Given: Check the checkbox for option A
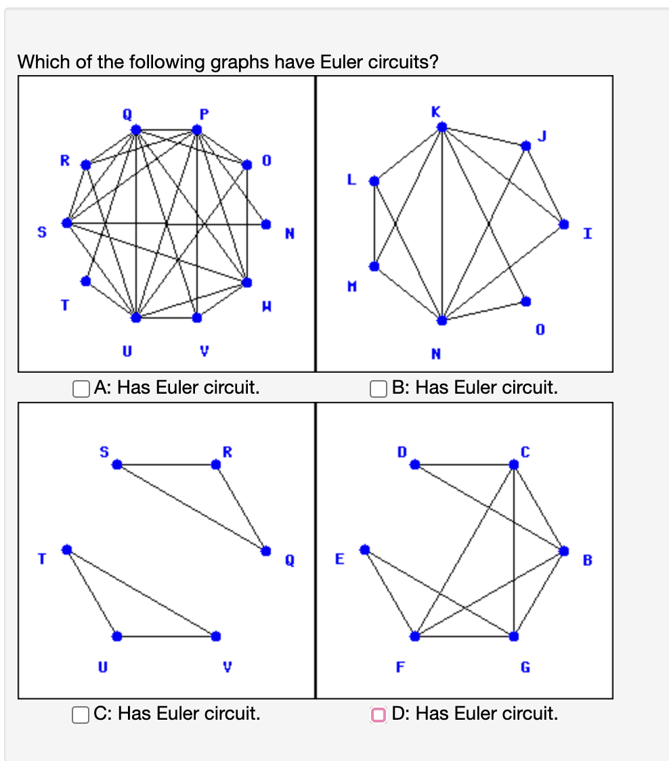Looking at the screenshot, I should coord(82,388).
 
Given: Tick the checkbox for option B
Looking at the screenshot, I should coord(378,388).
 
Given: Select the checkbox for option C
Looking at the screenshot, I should coord(82,714).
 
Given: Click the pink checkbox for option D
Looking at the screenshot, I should coord(378,714).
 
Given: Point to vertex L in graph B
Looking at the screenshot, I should coord(373,181).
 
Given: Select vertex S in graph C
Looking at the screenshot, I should coord(116,465).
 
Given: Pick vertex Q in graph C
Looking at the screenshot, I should coord(266,551).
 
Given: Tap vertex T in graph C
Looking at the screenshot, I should coord(66,549).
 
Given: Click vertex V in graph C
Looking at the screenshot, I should coord(216,636).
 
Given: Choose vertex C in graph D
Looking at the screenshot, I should coord(514,465).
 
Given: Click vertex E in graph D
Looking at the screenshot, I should coord(365,549).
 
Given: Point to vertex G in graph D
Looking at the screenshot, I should coord(514,636).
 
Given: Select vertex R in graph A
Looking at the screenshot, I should coord(85,164).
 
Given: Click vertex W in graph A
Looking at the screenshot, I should coord(247,281).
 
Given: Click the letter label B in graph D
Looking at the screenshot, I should coord(586,560).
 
